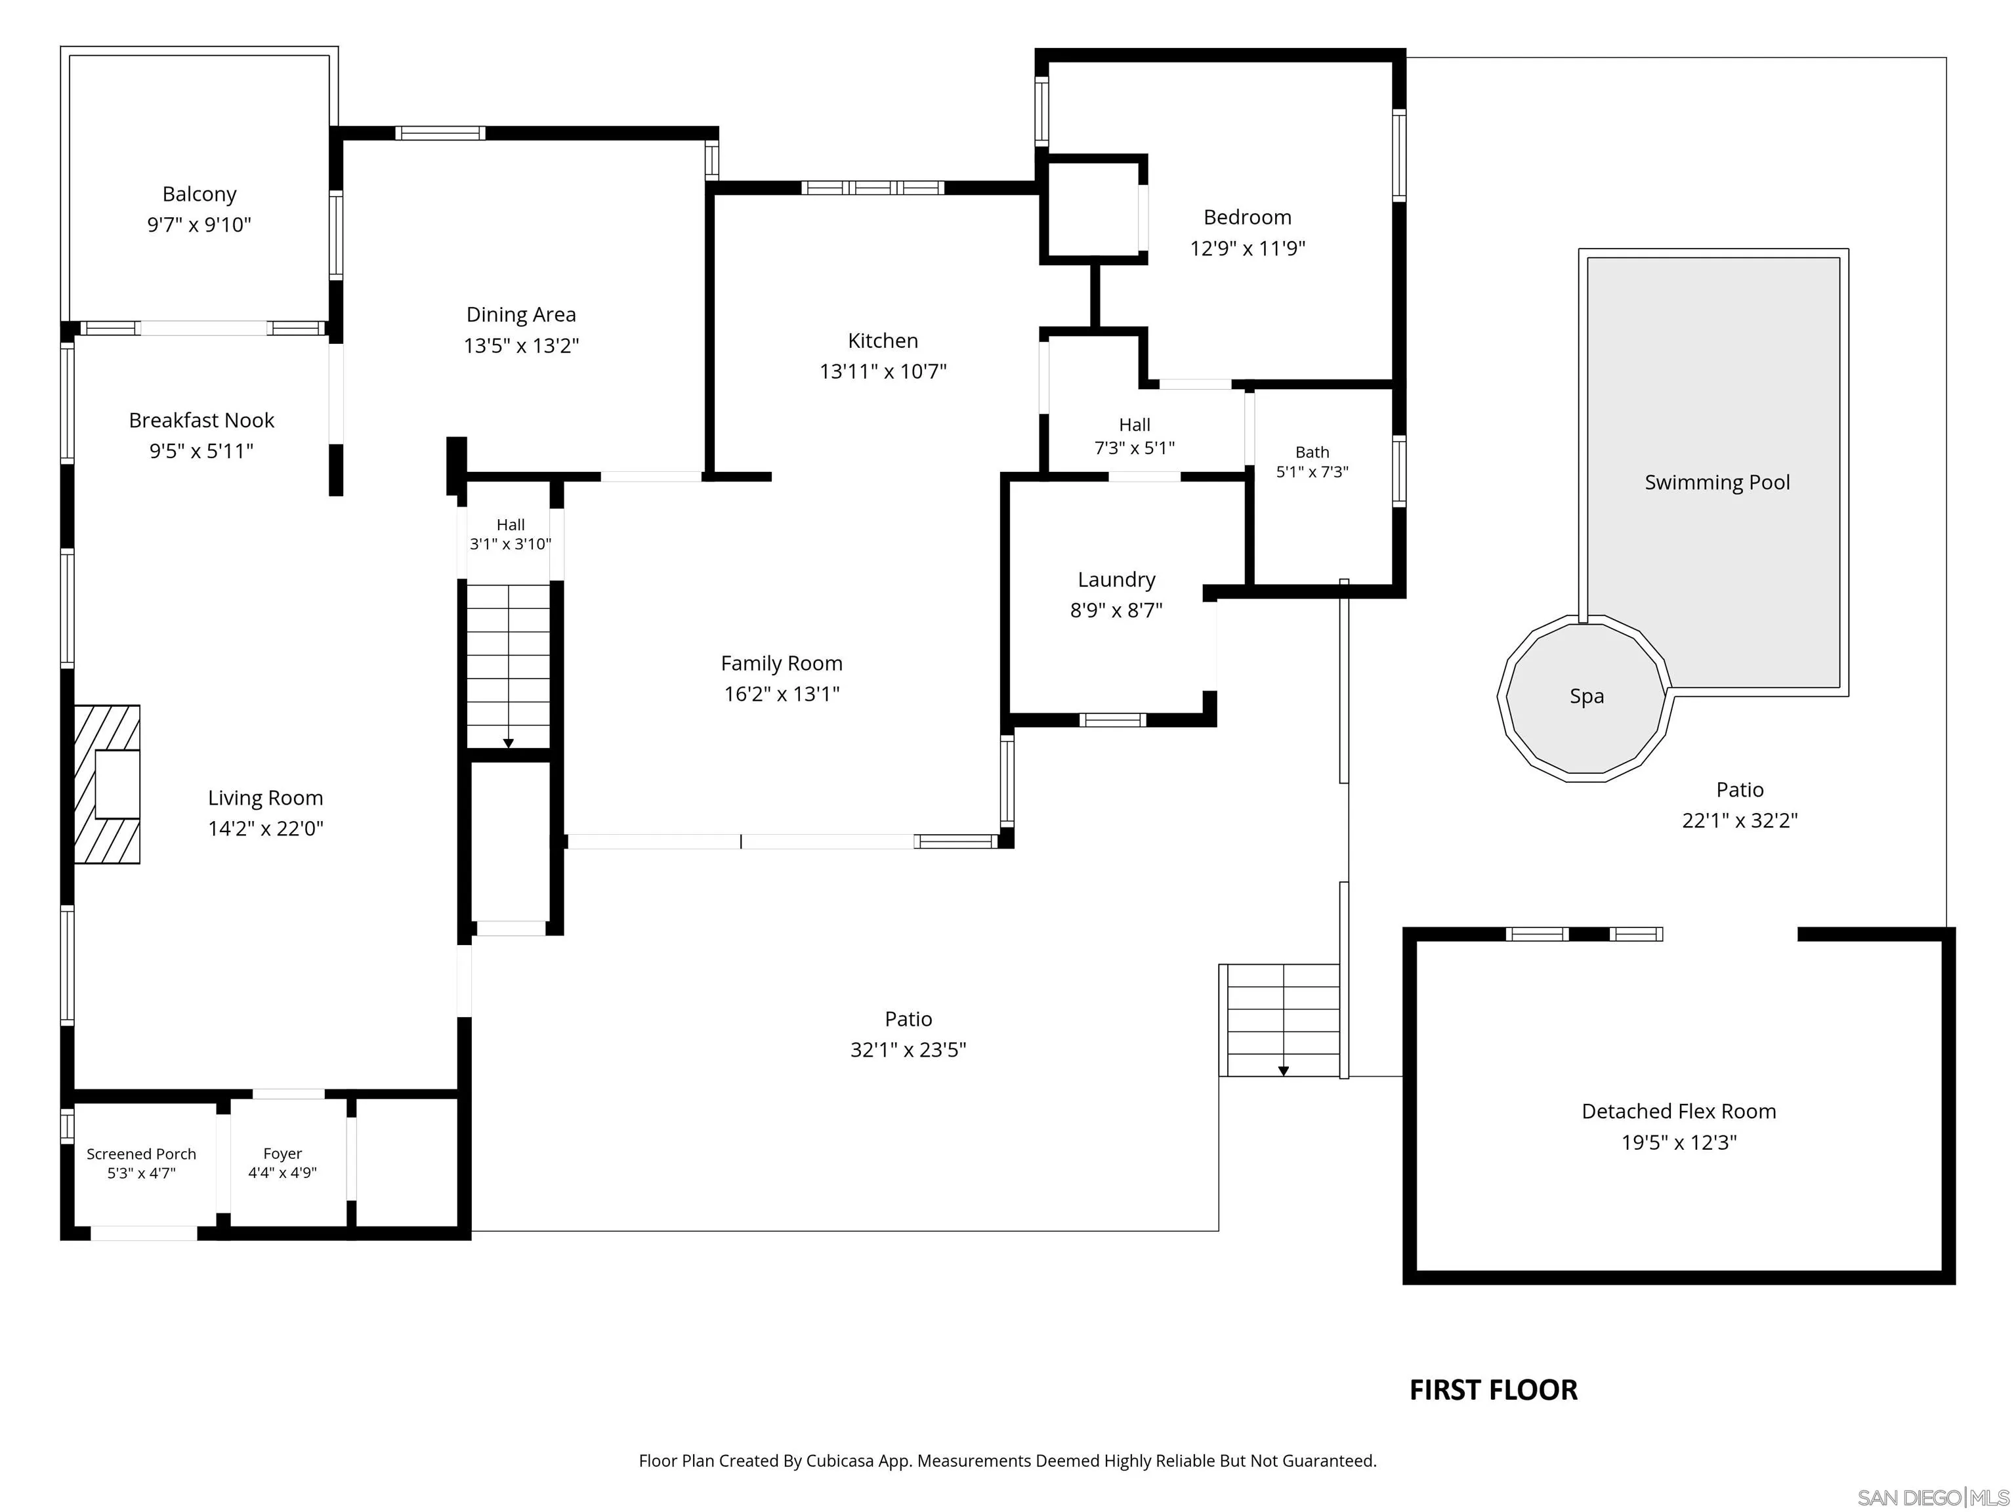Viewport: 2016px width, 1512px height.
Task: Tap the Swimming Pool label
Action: coord(1717,482)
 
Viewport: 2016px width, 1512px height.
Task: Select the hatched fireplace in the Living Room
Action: coord(106,784)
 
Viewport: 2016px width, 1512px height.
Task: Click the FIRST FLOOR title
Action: coord(1493,1390)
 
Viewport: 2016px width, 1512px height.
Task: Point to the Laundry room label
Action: coord(1116,579)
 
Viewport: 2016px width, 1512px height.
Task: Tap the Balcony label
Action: coord(199,194)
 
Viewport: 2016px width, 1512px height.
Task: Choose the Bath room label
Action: coord(1312,452)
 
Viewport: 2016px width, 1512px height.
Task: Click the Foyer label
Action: coord(283,1154)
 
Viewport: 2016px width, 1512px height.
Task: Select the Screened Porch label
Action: coord(141,1154)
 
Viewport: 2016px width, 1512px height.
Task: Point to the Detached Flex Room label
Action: coord(1679,1111)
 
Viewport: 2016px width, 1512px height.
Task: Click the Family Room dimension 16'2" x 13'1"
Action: coord(782,694)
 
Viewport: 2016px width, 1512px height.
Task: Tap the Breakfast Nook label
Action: coord(201,420)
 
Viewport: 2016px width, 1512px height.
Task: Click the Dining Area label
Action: coord(521,314)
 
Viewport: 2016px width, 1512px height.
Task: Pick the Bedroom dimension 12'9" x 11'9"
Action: coord(1248,248)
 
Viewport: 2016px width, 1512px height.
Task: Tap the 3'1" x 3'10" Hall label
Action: coord(511,544)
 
